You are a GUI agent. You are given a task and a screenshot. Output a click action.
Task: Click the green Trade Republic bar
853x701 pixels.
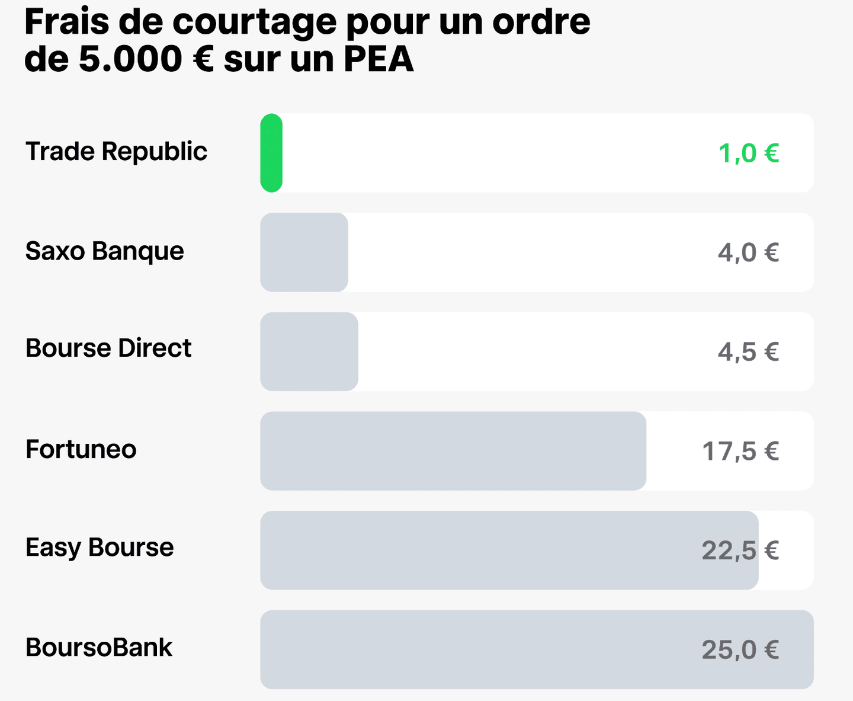point(271,153)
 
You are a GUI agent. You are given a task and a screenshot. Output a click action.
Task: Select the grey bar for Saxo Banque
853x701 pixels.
point(304,252)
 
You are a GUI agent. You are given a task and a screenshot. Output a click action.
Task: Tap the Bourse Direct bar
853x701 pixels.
point(309,351)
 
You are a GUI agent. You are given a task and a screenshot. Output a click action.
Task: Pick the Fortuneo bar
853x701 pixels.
point(453,451)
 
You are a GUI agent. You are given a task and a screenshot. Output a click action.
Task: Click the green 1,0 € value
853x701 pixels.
point(748,153)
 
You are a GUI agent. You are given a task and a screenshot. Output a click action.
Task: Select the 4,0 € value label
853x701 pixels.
point(748,253)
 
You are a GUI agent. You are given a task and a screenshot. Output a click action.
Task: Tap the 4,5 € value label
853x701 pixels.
point(748,352)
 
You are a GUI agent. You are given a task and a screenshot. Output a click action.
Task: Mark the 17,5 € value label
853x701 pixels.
point(740,452)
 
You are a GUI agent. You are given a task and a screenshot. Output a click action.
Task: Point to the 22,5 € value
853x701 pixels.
point(740,550)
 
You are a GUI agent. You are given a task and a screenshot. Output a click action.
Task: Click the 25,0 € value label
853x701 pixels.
point(740,650)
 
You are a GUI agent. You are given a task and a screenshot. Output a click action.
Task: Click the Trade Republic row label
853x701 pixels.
point(116,152)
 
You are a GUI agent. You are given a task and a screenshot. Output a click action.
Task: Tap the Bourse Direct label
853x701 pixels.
point(108,348)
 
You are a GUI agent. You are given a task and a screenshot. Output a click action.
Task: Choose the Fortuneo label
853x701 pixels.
point(81,450)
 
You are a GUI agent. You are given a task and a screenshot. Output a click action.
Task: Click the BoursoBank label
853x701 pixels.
point(99,648)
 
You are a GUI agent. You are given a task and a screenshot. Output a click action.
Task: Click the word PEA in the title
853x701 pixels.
point(379,59)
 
